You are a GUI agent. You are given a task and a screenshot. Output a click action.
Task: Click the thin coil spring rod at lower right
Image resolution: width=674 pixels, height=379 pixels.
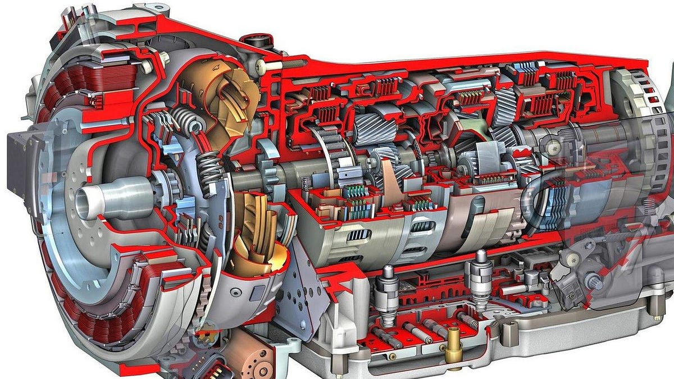[x=618, y=239]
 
